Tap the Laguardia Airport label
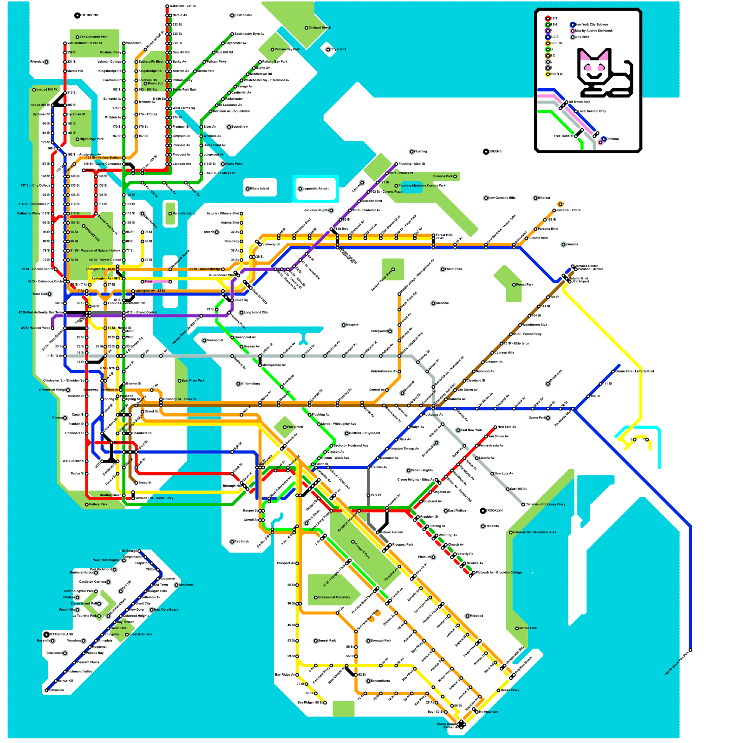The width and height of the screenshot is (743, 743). click(315, 189)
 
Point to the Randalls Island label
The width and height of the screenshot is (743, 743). click(184, 214)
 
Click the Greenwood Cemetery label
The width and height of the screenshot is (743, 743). click(334, 597)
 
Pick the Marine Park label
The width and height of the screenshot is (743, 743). click(528, 628)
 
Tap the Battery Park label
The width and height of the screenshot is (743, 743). click(98, 504)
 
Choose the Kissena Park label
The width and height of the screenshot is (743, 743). click(443, 176)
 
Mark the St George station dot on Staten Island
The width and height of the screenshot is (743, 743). click(139, 551)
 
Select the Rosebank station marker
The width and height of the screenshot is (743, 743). click(176, 585)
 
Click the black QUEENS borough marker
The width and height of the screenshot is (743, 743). click(486, 152)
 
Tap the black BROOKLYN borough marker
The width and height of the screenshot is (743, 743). click(483, 511)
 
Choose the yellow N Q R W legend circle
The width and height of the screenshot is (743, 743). click(548, 74)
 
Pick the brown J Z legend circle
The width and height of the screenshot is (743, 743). click(548, 55)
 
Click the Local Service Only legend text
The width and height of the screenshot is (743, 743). click(592, 111)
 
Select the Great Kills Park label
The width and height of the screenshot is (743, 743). click(140, 634)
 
